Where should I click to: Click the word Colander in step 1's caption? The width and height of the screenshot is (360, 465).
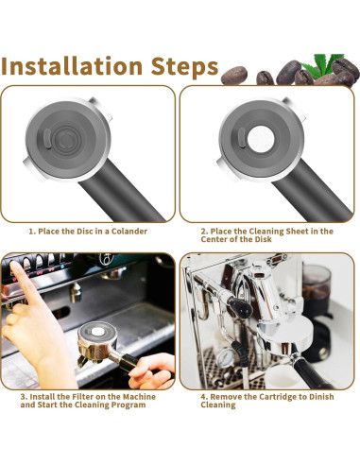click(125, 231)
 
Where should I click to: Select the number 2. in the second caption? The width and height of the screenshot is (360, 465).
click(203, 231)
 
